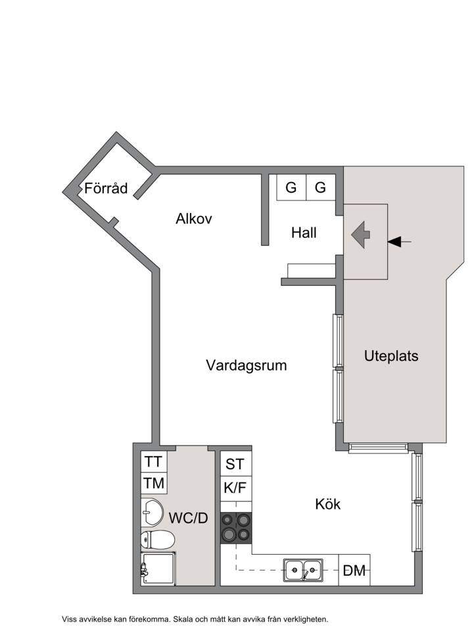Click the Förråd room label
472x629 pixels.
(106, 188)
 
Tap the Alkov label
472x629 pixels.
(194, 219)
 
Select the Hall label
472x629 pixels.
(304, 233)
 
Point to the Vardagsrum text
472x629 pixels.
(247, 365)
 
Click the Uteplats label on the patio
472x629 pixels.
(391, 356)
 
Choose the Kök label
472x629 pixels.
(328, 504)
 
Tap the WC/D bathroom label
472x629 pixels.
(188, 518)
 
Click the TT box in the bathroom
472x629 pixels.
(154, 461)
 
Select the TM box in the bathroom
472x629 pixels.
(154, 483)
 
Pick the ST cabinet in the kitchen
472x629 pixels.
(236, 464)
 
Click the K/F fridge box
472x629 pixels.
(236, 488)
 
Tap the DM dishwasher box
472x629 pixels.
(354, 570)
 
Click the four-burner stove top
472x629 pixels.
(236, 528)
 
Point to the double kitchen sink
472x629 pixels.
(303, 570)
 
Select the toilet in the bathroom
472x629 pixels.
(157, 540)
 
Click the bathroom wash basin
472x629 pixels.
(152, 511)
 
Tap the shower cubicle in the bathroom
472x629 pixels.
(158, 568)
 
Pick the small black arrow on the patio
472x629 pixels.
(399, 242)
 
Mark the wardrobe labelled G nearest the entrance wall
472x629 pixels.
(321, 187)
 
